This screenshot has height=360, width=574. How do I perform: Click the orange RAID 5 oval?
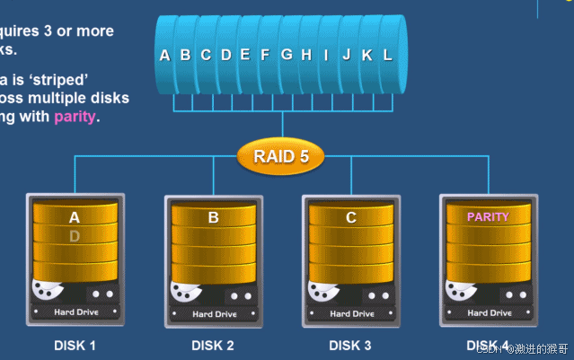click(x=280, y=156)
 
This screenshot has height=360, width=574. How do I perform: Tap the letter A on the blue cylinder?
click(x=164, y=56)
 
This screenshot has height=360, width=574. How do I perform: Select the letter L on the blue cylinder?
click(x=387, y=55)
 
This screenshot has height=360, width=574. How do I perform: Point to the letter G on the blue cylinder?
click(x=287, y=55)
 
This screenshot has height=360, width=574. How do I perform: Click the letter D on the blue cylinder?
click(x=225, y=55)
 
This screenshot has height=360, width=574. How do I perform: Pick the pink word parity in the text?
click(x=75, y=116)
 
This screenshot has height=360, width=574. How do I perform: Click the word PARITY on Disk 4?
click(x=488, y=216)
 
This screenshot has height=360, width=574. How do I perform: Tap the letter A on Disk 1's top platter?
click(x=75, y=217)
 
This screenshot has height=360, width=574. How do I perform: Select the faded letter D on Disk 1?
click(x=75, y=236)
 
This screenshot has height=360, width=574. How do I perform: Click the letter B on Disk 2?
click(x=213, y=217)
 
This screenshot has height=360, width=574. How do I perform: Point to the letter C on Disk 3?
click(x=351, y=217)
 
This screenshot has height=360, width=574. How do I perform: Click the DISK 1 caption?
click(x=75, y=345)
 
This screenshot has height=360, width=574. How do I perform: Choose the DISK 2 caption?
click(x=213, y=345)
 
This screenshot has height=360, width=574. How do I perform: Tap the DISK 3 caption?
click(x=350, y=345)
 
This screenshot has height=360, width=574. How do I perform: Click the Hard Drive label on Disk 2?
click(x=215, y=314)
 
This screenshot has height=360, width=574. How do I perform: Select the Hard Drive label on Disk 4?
click(x=490, y=313)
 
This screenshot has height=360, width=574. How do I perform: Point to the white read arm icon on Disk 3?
click(x=322, y=291)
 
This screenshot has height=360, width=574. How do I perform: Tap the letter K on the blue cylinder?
click(x=366, y=55)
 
